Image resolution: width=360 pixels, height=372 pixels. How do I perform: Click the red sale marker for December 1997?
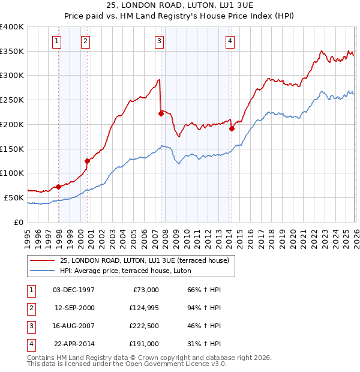coord(58,187)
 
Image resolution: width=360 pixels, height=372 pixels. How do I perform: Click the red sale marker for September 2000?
coord(88,161)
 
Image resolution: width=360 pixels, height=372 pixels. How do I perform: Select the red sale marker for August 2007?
coord(161,113)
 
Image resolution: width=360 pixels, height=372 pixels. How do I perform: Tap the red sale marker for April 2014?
coord(232,128)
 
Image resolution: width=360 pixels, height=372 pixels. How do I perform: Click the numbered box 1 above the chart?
coord(56,41)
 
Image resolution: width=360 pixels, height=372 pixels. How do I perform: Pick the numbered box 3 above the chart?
coord(159,41)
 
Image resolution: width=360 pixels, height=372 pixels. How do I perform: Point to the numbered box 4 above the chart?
coord(230,41)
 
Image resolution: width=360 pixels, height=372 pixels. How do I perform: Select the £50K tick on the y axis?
coord(14,197)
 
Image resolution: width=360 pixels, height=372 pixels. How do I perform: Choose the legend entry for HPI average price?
coord(125,271)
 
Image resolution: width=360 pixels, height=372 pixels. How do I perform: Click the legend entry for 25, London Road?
coord(144,260)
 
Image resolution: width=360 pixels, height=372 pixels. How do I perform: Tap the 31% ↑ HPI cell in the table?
coord(204,344)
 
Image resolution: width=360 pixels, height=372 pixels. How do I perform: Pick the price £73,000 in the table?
coord(145,290)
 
